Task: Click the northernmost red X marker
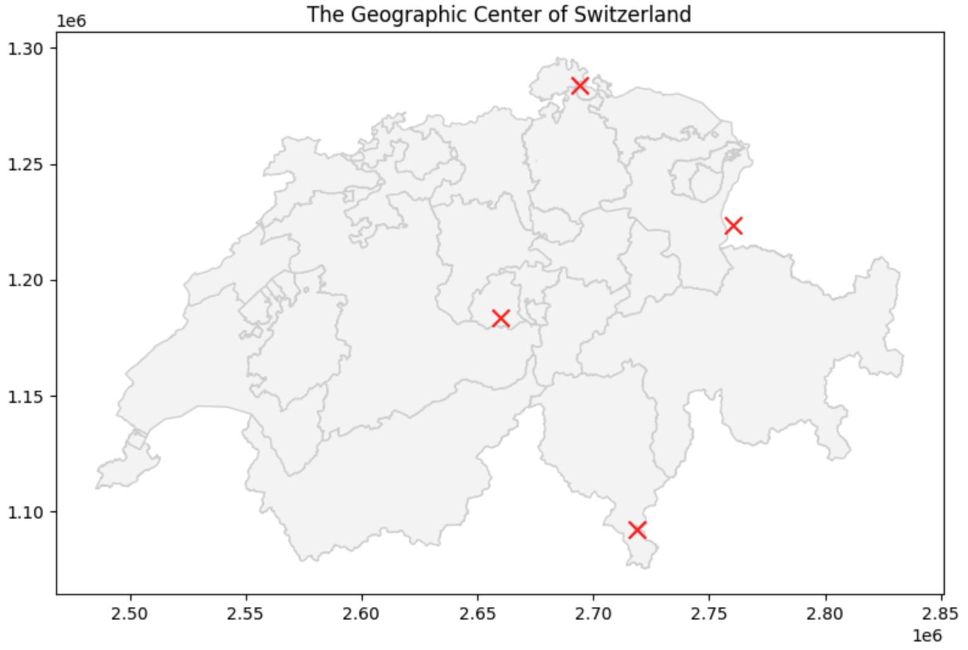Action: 580,86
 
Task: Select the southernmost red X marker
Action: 637,529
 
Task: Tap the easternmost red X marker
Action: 734,226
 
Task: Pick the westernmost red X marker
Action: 500,318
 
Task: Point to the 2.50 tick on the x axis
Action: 130,613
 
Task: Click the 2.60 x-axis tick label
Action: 362,613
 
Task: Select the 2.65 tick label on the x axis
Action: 477,613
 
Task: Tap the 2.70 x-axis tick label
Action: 594,613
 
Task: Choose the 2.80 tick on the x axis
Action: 826,613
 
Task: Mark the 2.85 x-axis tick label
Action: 941,613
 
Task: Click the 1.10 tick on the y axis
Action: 26,512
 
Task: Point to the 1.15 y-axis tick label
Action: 26,397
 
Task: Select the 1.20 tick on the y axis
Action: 26,281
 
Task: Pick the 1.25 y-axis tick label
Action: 26,165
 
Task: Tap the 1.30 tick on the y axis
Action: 26,49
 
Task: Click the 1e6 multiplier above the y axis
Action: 71,21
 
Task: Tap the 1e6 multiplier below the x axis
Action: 927,636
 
